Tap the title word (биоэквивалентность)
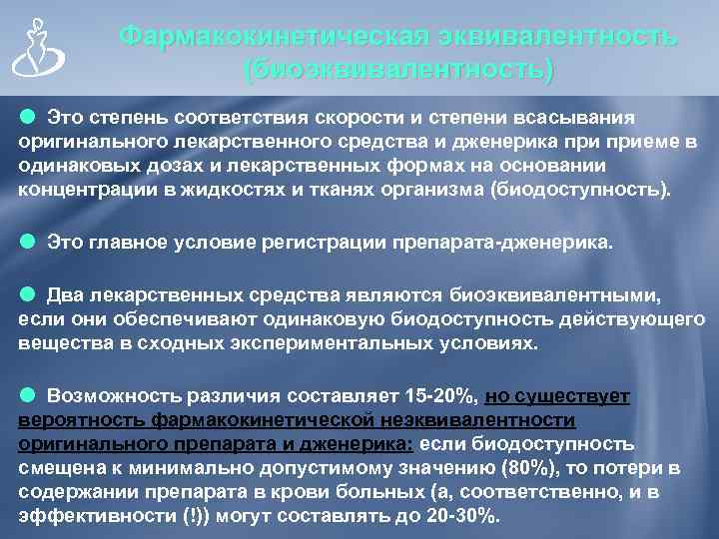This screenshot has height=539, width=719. coord(398,71)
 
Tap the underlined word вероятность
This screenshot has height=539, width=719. coord(78,420)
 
